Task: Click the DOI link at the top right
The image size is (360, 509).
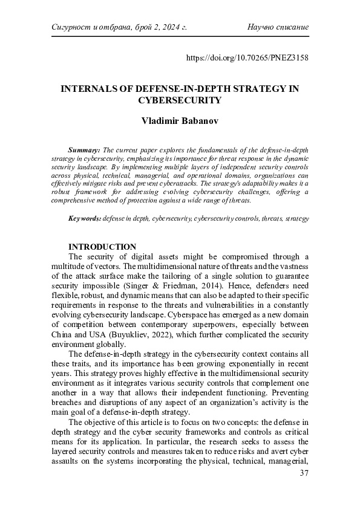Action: point(249,59)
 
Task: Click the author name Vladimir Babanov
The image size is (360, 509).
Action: point(180,120)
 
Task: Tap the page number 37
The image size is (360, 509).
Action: point(304,488)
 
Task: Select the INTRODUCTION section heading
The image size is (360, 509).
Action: point(102,247)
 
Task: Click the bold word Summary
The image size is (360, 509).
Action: point(84,149)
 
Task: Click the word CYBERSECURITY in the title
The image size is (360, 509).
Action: point(180,100)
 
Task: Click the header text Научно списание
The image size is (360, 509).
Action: point(278,27)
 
